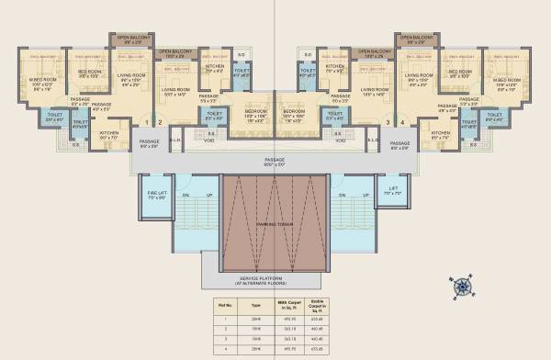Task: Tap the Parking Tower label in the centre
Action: pos(275,221)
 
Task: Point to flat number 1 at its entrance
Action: pos(149,121)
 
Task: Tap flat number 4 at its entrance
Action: pos(402,121)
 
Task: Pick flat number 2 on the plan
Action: pos(161,121)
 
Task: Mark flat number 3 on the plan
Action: pos(389,121)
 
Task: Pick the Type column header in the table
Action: pos(258,302)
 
